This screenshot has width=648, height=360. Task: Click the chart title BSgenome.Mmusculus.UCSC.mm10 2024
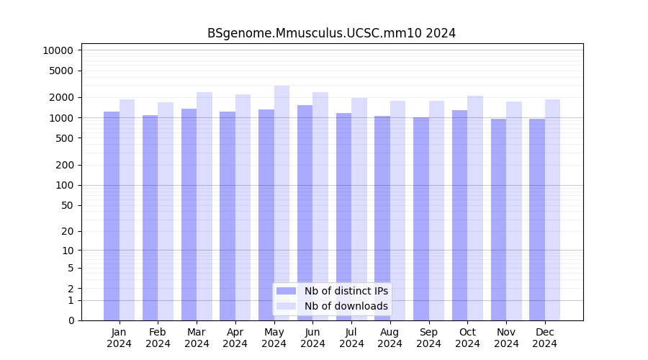[x=331, y=33]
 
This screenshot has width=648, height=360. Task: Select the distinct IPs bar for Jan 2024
[x=112, y=216]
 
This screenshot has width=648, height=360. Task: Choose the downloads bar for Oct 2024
[x=475, y=208]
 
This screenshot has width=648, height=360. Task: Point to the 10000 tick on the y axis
[x=58, y=50]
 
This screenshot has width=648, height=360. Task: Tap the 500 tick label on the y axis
[x=64, y=138]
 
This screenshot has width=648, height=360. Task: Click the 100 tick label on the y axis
[x=64, y=185]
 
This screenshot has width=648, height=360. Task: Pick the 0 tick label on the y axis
[x=71, y=320]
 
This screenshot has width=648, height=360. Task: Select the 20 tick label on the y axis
[x=67, y=231]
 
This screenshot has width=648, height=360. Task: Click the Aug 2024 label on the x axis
[x=390, y=338]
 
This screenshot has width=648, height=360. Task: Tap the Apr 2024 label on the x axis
[x=235, y=338]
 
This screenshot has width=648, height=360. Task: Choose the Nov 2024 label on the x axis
[x=506, y=338]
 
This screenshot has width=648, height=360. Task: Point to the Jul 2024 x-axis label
[x=351, y=338]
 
